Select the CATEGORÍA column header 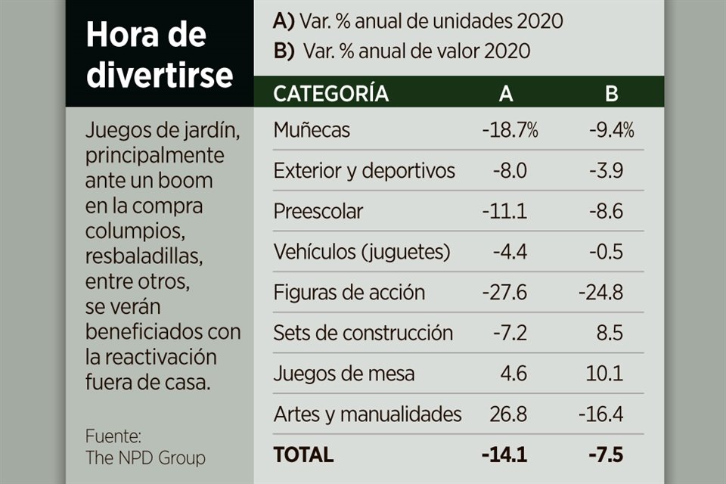point(330,94)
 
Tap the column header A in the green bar point(506,94)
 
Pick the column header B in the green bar point(611,94)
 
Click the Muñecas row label point(312,130)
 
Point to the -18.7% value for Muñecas point(510,130)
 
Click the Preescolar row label point(318,211)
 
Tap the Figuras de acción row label point(349,293)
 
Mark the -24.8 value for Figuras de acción point(600,293)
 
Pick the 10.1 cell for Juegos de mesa point(606,374)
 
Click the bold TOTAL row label point(302,455)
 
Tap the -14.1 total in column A point(504,455)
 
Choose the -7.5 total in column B point(606,455)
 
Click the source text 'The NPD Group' point(144,458)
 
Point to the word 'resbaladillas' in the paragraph point(144,257)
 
